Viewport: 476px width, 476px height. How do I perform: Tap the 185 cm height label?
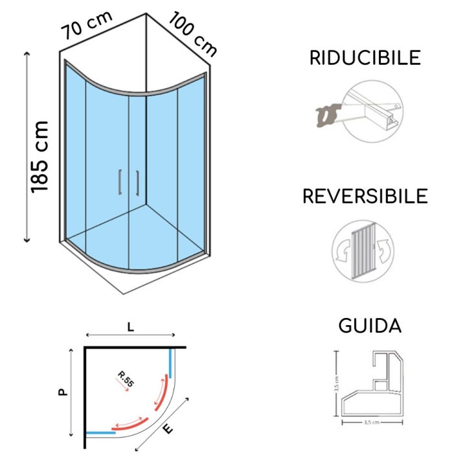point(40,155)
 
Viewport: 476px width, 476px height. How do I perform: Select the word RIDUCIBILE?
point(365,58)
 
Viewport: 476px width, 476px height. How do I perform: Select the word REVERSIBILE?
point(365,196)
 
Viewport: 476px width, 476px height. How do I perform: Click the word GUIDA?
point(370,326)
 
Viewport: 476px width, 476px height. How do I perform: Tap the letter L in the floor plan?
point(131,327)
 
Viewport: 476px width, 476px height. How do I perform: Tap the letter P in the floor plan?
point(63,391)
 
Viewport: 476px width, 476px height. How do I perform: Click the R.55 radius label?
point(125,377)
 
